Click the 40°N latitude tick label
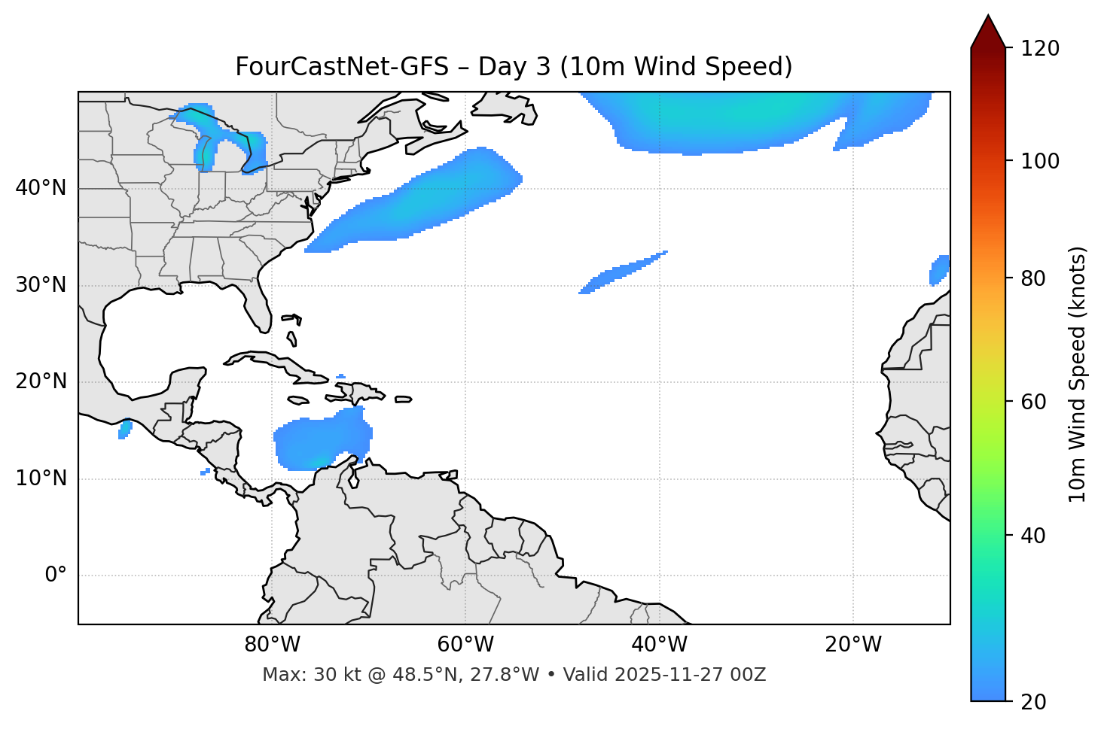coord(41,188)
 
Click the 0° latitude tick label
coord(56,576)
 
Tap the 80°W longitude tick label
coord(272,645)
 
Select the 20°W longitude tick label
coord(853,645)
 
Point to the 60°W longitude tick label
coord(465,645)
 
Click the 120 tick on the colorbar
coord(1040,48)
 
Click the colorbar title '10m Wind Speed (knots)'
coord(1078,374)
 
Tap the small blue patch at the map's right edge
coord(939,270)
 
